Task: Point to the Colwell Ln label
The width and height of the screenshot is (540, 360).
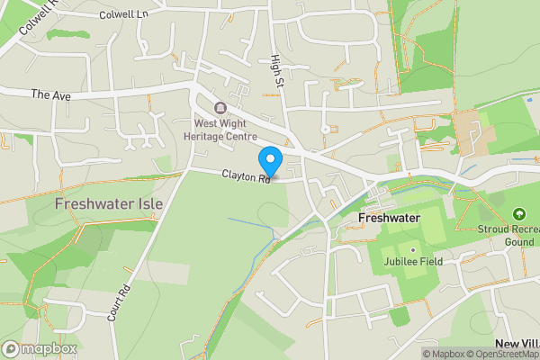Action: (123, 15)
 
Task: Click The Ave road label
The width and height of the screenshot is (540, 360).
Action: (49, 94)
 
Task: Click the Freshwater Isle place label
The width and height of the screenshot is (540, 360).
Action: (108, 204)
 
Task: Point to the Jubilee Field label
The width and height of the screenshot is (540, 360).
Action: (413, 261)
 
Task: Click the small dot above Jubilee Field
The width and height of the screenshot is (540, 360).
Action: (413, 249)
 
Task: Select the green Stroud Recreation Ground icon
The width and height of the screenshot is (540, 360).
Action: (518, 214)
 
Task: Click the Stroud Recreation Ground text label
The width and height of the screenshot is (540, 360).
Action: (510, 235)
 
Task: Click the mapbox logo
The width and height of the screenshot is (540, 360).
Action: (40, 348)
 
